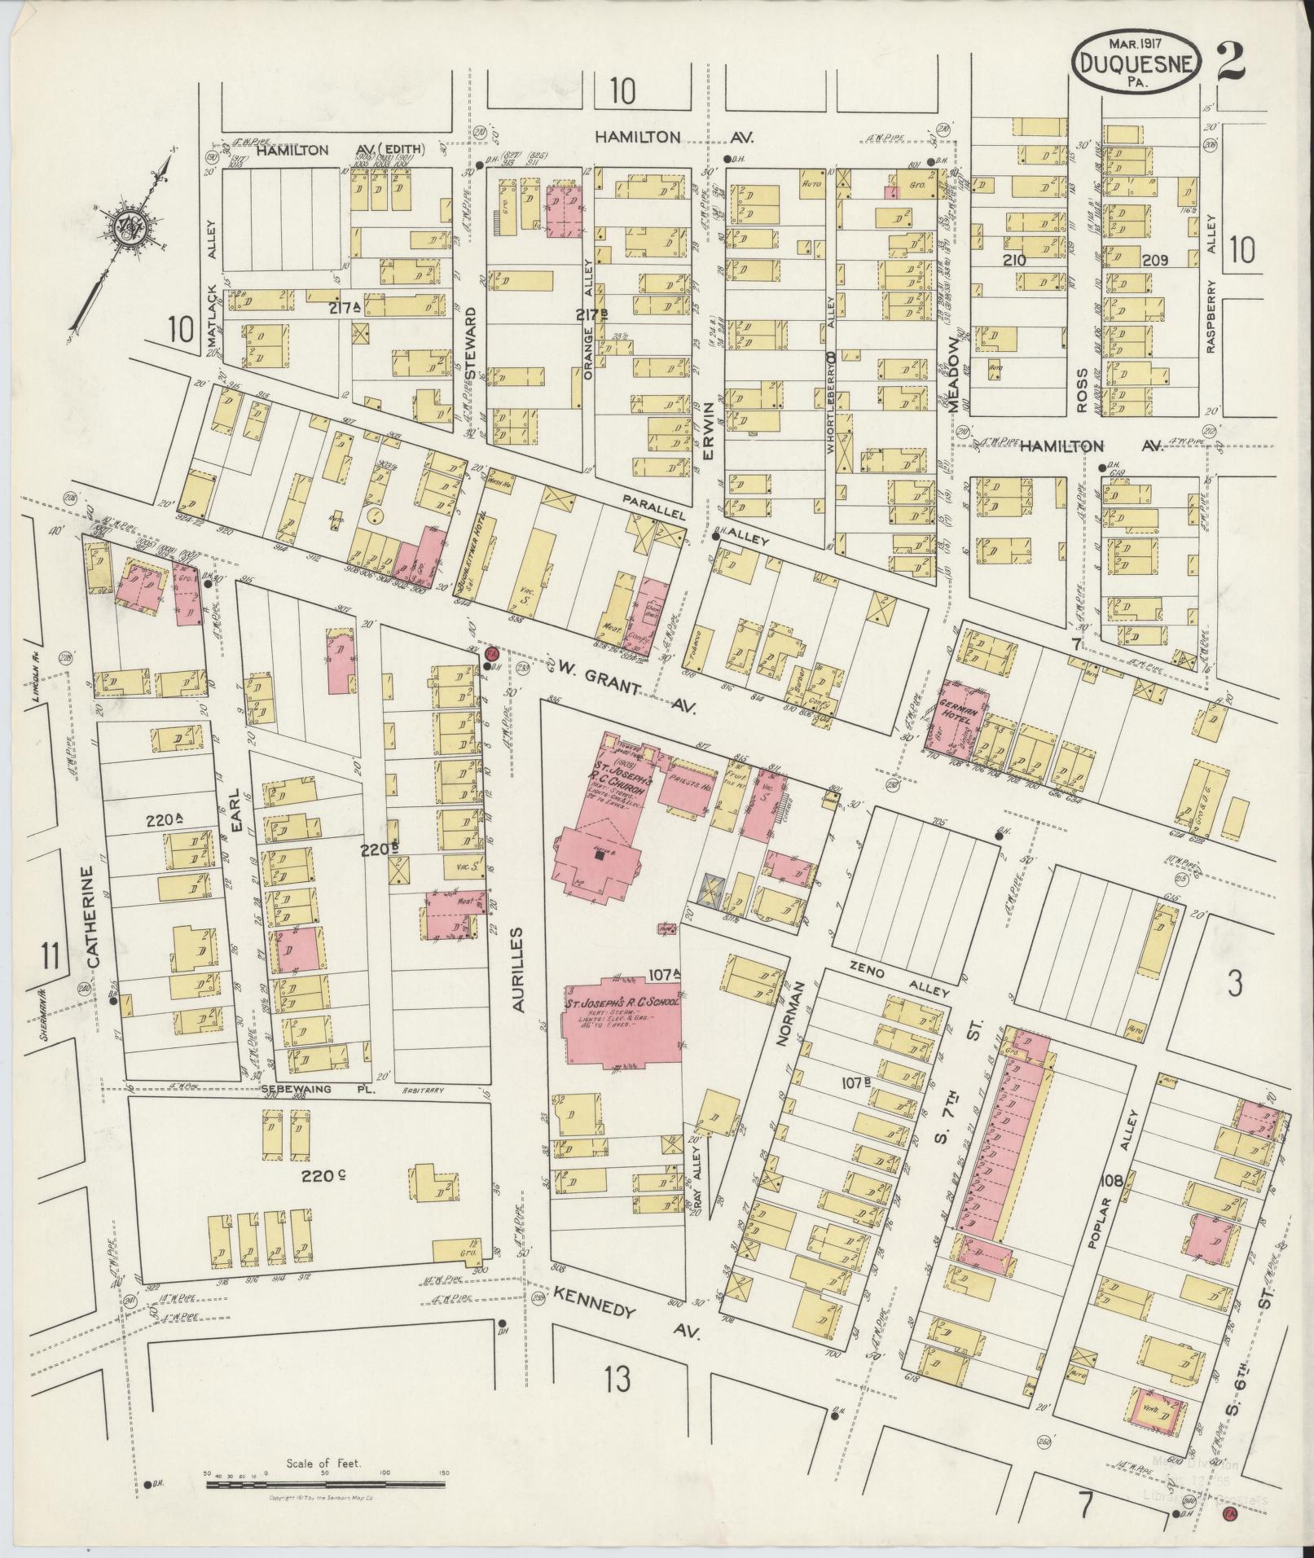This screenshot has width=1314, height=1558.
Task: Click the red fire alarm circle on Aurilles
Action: click(x=491, y=653)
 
